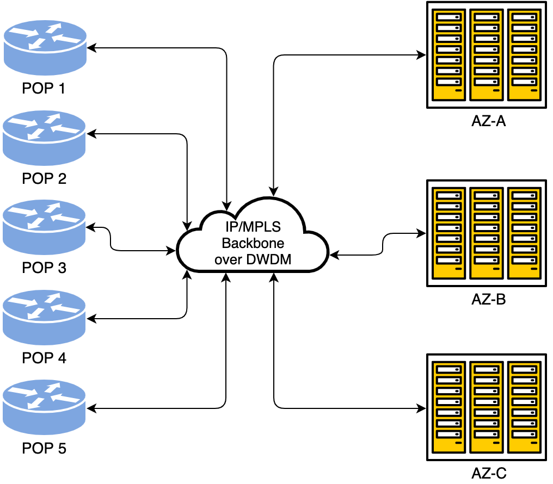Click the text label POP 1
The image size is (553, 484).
click(44, 88)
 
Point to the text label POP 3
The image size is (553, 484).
click(44, 268)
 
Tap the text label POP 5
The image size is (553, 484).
click(44, 449)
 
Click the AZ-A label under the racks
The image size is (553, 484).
click(488, 121)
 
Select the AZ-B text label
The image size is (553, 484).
click(488, 299)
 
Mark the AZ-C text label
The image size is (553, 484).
click(488, 473)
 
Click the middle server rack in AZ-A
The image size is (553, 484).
click(486, 54)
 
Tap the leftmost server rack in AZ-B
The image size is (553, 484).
click(448, 233)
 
